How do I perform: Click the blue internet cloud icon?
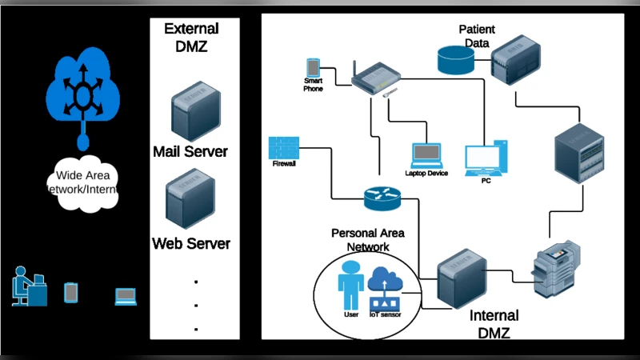point(82,88)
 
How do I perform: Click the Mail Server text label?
point(190,151)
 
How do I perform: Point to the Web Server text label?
point(191,243)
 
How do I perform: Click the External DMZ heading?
point(191,38)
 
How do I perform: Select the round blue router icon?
point(381,197)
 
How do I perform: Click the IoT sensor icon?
point(387,290)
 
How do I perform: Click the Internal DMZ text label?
point(493,324)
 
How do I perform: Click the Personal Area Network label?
point(367,240)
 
